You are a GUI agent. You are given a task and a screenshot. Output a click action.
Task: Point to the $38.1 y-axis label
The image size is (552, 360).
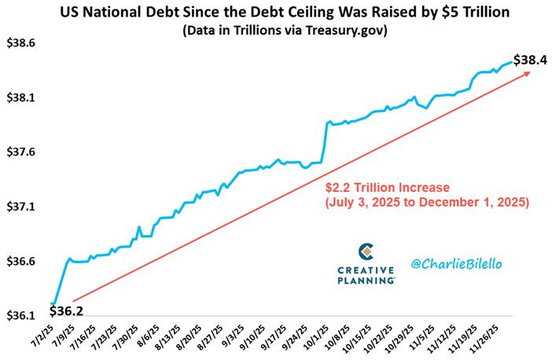pyautogui.click(x=20, y=98)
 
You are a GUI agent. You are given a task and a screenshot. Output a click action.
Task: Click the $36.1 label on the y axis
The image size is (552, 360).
pyautogui.click(x=20, y=315)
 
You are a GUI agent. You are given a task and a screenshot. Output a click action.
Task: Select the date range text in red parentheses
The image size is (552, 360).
pyautogui.click(x=428, y=203)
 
